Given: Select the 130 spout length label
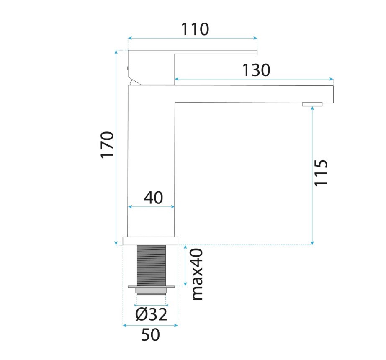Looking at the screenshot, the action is click(256, 70).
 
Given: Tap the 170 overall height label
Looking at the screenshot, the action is click(108, 145).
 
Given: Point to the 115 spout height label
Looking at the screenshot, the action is click(321, 173).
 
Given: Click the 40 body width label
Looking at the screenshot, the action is click(153, 198).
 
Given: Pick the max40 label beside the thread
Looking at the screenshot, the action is click(197, 274).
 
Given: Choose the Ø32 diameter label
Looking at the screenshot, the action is click(151, 314).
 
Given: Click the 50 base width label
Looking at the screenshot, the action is click(150, 334).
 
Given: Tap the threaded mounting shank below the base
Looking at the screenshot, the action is click(151, 266).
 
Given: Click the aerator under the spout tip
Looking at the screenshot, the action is click(312, 104).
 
